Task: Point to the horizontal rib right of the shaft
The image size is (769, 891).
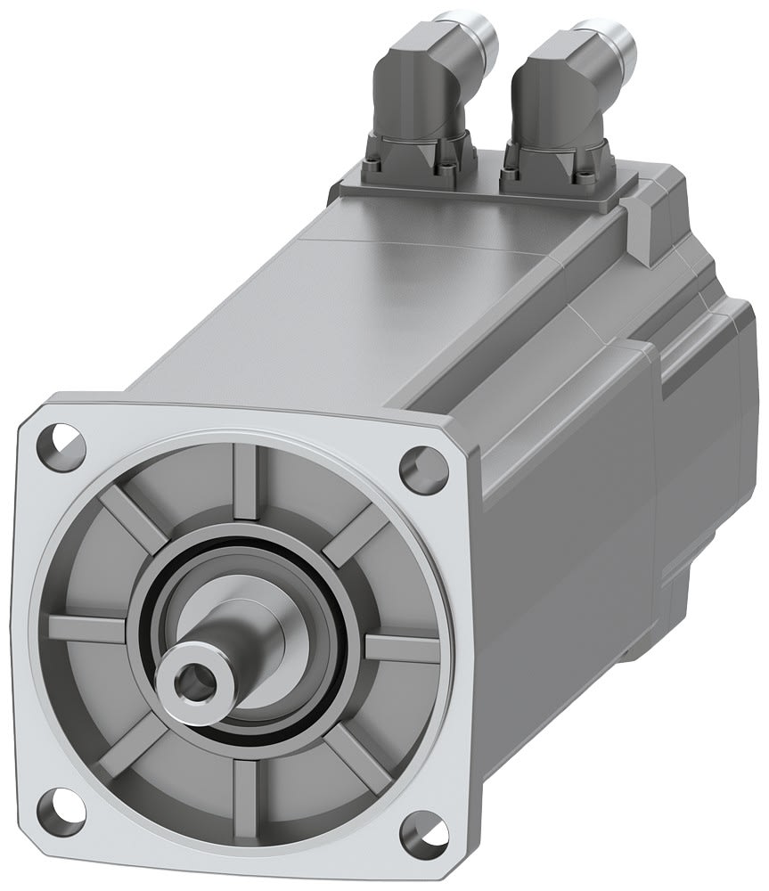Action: tap(401, 649)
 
